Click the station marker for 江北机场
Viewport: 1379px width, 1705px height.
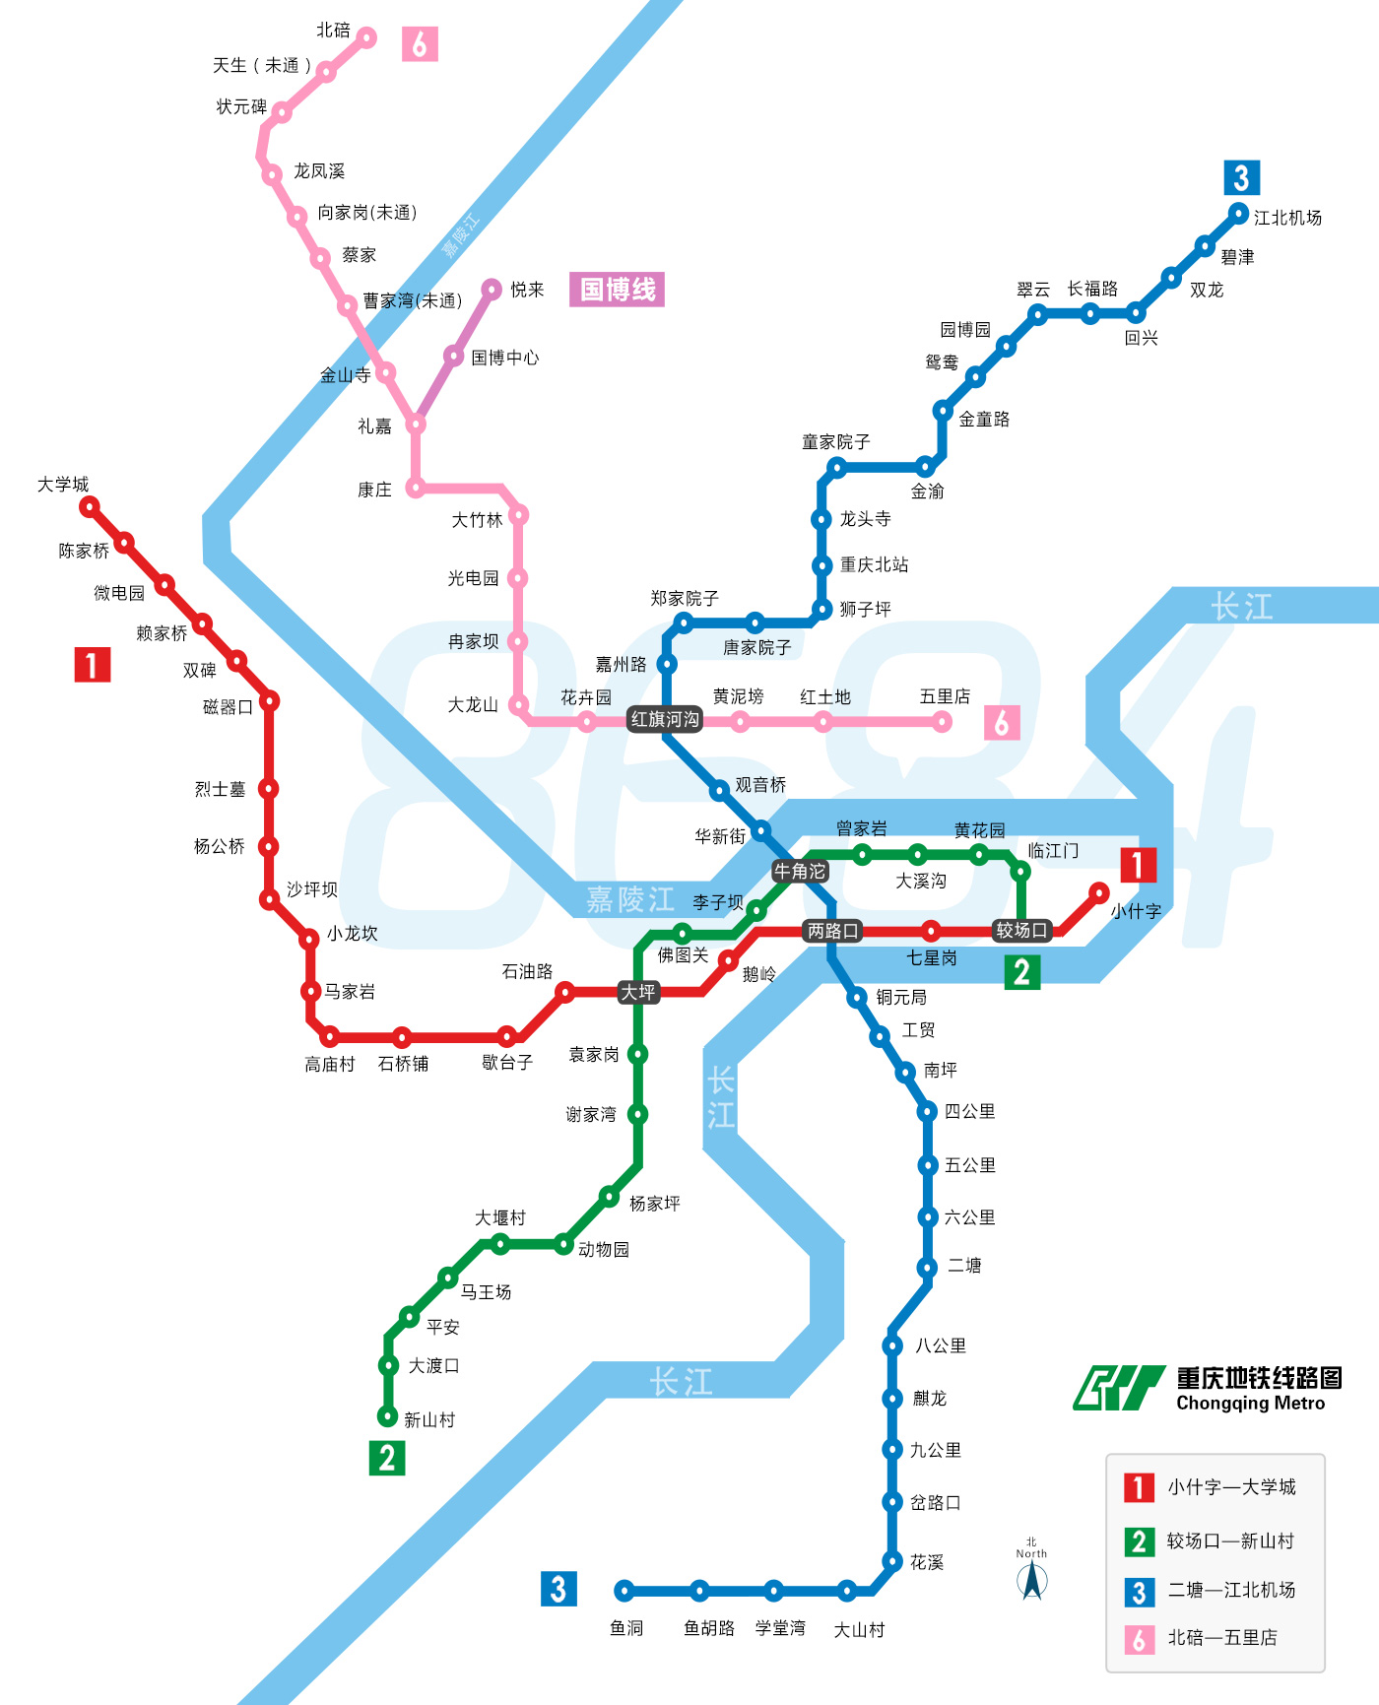click(1238, 213)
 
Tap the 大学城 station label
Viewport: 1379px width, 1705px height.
click(63, 485)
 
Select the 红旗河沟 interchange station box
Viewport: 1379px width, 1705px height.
click(665, 720)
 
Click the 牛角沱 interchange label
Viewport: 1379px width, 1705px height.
click(800, 872)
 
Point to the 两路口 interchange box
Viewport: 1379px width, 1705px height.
click(833, 931)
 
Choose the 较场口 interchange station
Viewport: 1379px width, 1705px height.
click(1021, 931)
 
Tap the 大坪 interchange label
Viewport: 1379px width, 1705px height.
click(638, 992)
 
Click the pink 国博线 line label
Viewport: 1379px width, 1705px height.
click(618, 290)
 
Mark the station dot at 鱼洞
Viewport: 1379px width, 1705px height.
click(624, 1591)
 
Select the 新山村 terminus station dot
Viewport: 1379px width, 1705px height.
click(388, 1417)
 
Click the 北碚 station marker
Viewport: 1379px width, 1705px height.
click(366, 37)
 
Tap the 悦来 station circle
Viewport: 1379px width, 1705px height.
click(491, 290)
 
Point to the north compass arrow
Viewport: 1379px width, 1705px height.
click(1031, 1580)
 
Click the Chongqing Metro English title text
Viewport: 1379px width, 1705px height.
click(1251, 1404)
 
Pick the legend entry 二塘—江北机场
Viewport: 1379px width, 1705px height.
click(1231, 1590)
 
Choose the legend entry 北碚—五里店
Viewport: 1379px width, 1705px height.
click(1222, 1638)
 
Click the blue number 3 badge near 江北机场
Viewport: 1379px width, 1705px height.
click(1241, 178)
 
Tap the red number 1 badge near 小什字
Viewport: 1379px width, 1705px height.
click(1138, 865)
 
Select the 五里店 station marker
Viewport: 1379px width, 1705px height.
click(942, 722)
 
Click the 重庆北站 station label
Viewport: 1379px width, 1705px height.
click(874, 565)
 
